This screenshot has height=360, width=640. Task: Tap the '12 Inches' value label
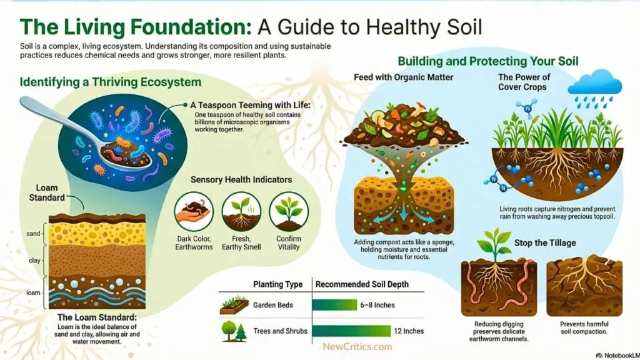click(x=409, y=331)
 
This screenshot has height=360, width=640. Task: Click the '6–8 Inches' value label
click(x=377, y=306)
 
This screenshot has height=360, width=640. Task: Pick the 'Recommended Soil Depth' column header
click(x=362, y=284)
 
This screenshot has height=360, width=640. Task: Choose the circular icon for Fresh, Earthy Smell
click(x=241, y=212)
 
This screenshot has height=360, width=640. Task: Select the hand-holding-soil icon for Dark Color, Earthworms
click(x=194, y=212)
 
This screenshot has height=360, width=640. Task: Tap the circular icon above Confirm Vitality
click(x=288, y=212)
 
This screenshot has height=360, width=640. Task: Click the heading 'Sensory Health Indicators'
click(x=241, y=180)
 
